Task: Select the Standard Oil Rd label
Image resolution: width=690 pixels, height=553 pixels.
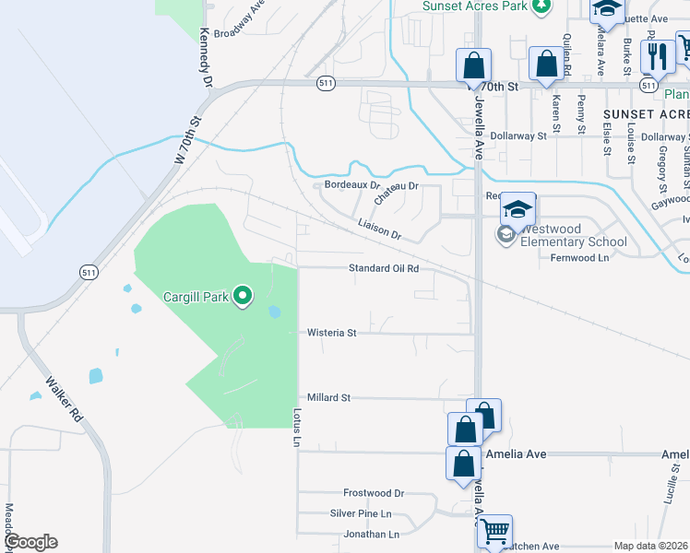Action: coord(384,268)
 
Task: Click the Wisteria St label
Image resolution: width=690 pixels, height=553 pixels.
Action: coord(332,332)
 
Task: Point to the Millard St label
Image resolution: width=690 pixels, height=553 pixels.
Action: coord(329,397)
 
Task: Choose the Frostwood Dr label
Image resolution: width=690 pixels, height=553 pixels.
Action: coord(374,493)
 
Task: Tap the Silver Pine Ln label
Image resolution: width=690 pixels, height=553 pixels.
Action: coord(361,513)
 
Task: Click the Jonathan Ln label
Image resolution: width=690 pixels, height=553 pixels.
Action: coord(370,534)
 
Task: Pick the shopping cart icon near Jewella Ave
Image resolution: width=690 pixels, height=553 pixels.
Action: coord(494,531)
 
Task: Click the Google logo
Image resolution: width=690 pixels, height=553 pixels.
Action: coord(30,542)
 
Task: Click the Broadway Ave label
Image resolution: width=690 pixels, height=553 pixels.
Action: coord(240,20)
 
